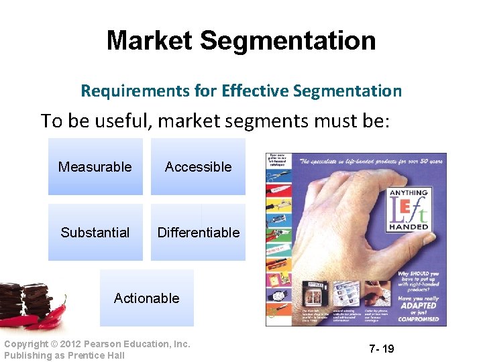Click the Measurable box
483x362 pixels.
click(x=95, y=167)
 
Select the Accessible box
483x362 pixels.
click(x=198, y=167)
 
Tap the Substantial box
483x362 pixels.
click(x=95, y=233)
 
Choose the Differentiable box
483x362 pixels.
click(x=198, y=233)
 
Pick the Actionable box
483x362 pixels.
click(x=146, y=298)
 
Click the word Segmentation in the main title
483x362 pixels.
click(x=288, y=41)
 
